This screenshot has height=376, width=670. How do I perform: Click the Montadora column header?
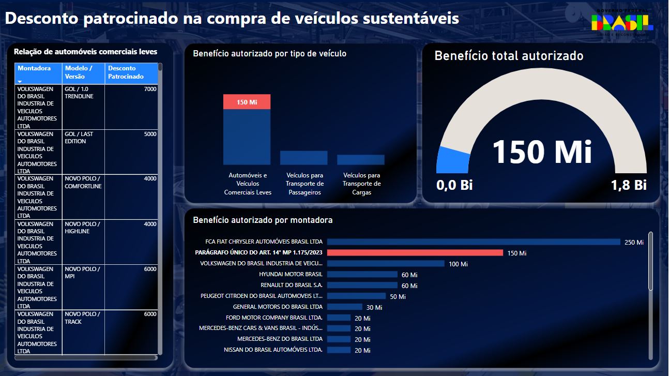tap(34, 68)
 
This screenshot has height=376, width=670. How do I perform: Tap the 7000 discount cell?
tap(150, 89)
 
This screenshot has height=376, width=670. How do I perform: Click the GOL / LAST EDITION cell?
tap(79, 138)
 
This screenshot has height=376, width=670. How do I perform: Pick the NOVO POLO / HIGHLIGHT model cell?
tap(82, 228)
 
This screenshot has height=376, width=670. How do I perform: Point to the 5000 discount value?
tap(150, 134)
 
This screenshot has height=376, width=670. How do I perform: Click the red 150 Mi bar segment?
tap(247, 102)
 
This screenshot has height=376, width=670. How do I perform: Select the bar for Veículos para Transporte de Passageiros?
tap(303, 158)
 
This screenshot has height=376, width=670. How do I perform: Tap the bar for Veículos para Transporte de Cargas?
tap(360, 160)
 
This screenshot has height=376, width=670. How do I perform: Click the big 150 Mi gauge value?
tap(541, 152)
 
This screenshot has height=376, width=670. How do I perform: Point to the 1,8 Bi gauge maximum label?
tap(629, 185)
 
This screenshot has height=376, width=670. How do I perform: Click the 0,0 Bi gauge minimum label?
tap(455, 185)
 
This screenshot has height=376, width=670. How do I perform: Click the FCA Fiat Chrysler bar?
tap(473, 242)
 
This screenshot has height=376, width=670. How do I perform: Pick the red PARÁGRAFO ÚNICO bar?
tap(415, 253)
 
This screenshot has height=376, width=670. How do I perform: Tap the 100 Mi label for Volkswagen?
tap(458, 264)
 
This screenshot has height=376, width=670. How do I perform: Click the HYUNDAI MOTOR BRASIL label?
tap(291, 275)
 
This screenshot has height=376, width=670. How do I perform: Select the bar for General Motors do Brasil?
tap(344, 307)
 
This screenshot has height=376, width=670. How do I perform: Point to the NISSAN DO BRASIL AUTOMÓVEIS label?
tap(273, 350)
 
